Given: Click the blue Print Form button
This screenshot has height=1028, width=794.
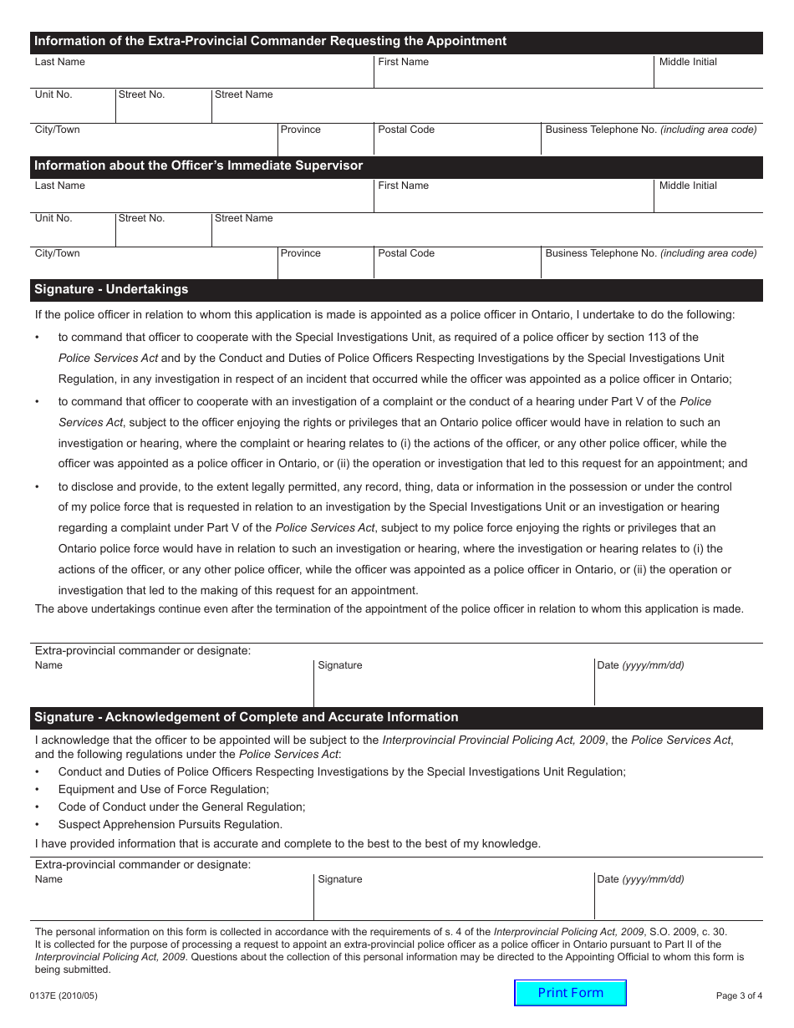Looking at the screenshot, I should (x=570, y=993).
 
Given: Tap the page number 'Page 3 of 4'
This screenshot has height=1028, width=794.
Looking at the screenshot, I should (x=739, y=995).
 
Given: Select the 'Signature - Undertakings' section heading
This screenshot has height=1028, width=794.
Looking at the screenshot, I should (x=111, y=289).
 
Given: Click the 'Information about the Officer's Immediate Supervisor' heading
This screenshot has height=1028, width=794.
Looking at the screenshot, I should (x=198, y=165).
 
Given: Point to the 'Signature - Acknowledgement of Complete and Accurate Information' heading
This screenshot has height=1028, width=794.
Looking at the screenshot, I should (x=246, y=717).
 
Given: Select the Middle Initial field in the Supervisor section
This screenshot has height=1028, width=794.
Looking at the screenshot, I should (x=707, y=199).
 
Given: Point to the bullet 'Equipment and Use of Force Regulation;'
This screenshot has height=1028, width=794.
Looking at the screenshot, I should (x=163, y=789).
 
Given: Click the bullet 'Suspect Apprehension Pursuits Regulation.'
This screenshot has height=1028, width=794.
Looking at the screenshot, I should (x=170, y=824).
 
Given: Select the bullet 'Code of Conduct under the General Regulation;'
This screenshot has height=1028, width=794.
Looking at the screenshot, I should (x=181, y=807).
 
